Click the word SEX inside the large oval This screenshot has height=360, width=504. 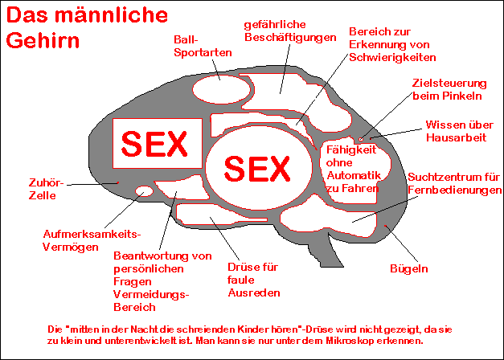tap(256, 168)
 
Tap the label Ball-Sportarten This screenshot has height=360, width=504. tap(203, 45)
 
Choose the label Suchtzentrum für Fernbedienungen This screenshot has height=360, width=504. tap(454, 182)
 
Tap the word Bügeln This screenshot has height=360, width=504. tap(409, 268)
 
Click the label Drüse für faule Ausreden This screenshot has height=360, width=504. tap(253, 280)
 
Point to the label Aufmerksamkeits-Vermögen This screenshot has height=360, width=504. tap(91, 240)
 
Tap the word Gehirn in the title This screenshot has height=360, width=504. tap(41, 42)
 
